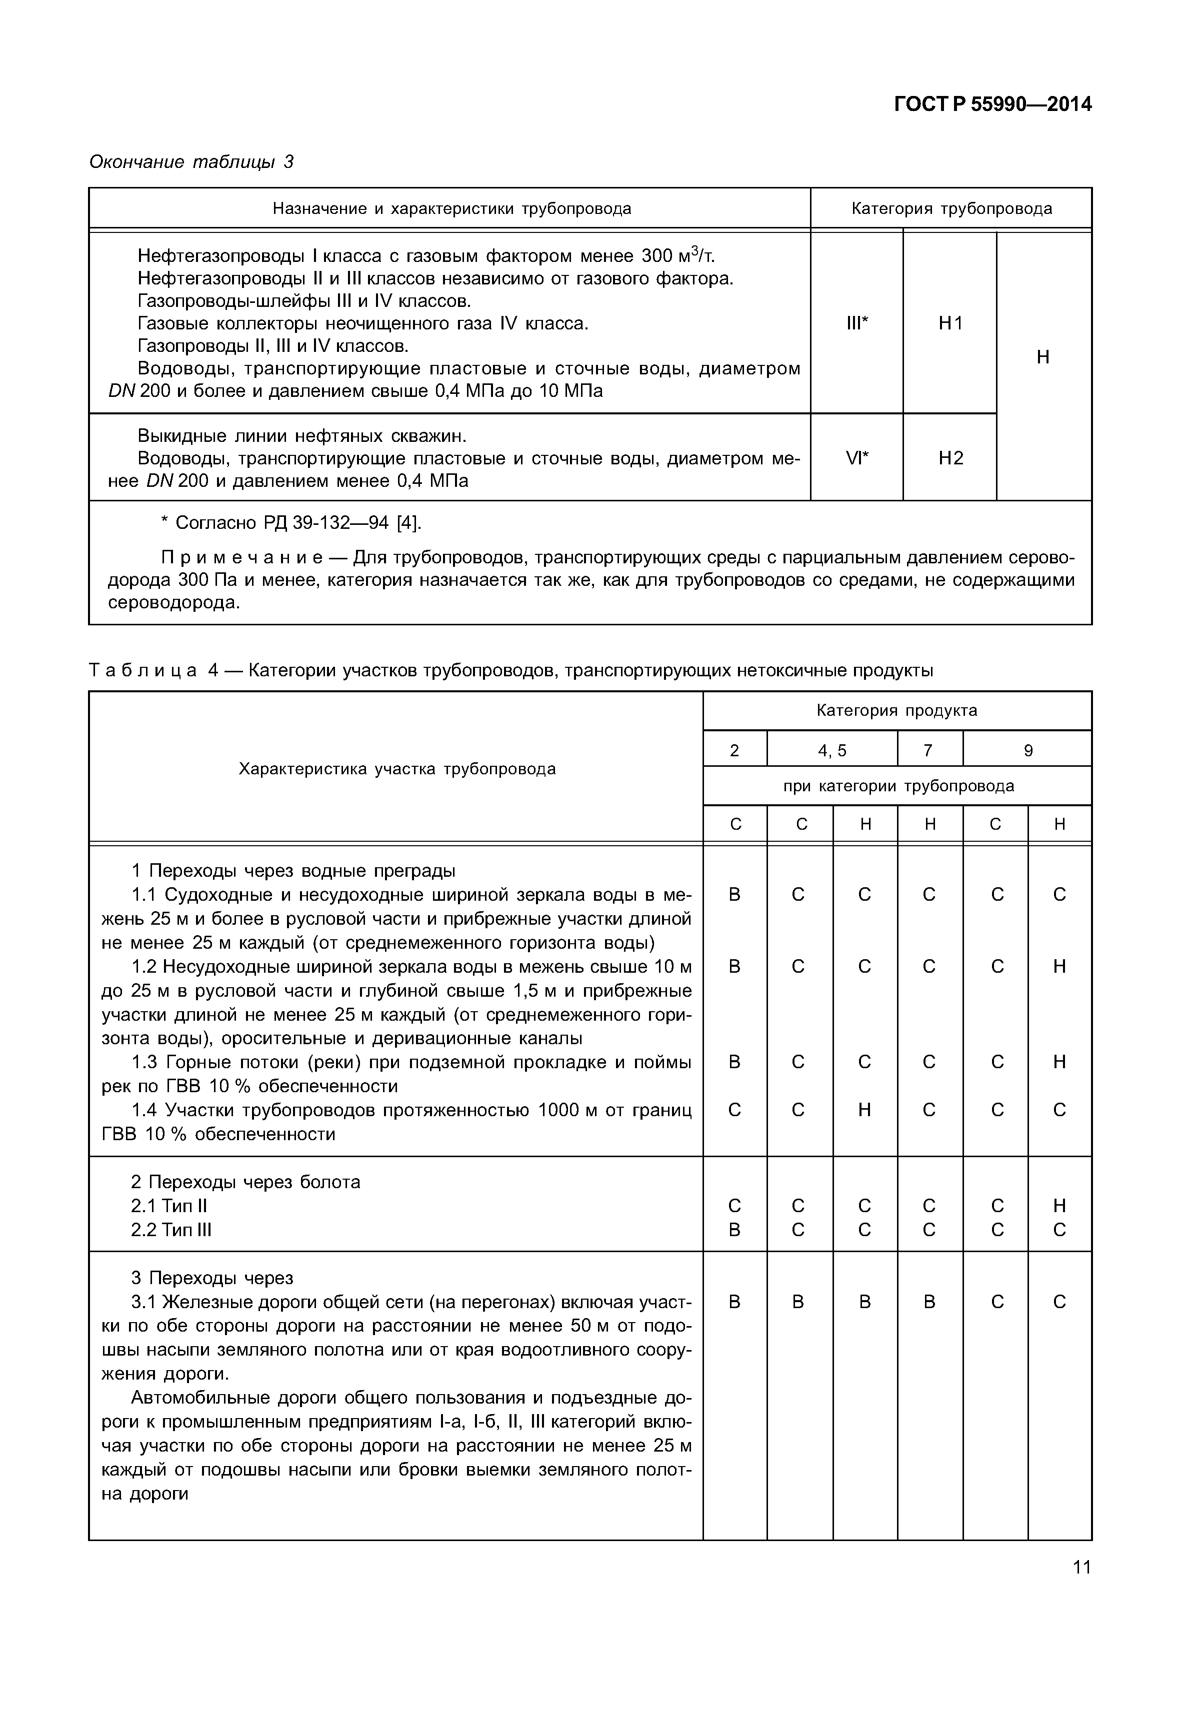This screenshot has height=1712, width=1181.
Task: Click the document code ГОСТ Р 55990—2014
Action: tap(992, 104)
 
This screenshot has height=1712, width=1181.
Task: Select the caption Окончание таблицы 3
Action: tap(191, 161)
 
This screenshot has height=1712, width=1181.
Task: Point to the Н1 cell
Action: tap(950, 323)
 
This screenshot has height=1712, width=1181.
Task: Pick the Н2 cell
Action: tap(950, 459)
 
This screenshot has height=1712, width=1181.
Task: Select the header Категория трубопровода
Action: tap(951, 208)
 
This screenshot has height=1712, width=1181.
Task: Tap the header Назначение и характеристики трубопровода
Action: tap(451, 208)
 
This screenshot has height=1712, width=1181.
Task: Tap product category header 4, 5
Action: tap(831, 751)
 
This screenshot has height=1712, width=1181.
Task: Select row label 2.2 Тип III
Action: tap(171, 1230)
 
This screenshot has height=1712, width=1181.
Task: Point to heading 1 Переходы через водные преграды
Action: tap(293, 871)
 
